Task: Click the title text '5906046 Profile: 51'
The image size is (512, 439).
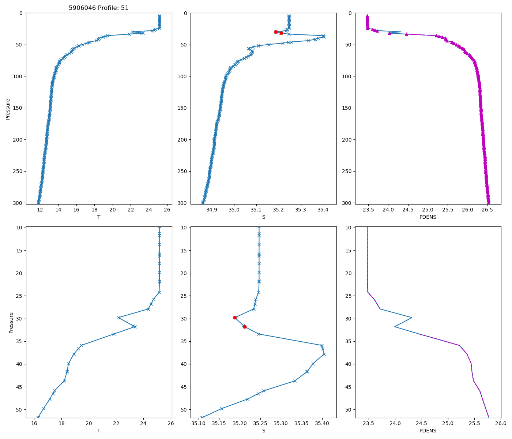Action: [99, 8]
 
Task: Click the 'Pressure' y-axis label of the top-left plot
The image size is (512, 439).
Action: [8, 109]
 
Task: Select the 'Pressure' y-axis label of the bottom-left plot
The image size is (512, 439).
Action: [11, 322]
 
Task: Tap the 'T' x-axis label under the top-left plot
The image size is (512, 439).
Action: [99, 217]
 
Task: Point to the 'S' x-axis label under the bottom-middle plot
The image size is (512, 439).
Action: [263, 431]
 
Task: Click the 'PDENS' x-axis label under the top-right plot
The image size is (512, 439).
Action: [428, 217]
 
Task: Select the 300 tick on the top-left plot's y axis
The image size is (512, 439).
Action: [19, 203]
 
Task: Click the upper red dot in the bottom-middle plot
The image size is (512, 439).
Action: [235, 318]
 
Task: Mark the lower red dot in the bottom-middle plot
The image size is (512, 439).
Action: [245, 327]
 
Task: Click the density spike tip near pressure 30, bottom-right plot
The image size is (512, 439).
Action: [412, 318]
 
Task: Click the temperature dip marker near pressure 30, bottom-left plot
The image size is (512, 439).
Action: [118, 318]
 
